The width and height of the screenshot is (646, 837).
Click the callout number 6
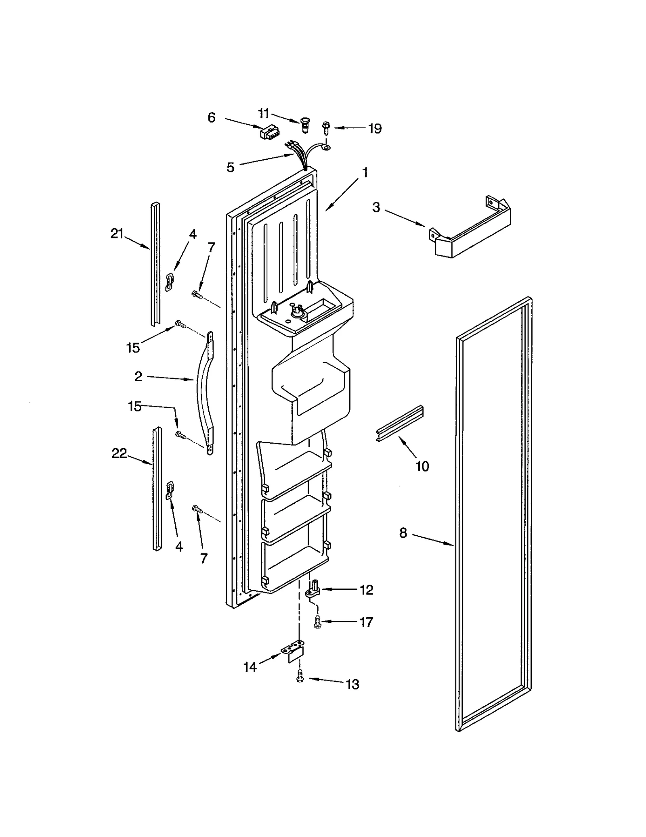212,117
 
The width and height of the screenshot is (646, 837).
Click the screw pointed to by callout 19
325,128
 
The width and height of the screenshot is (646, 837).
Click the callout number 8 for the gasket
403,533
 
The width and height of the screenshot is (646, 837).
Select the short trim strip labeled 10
400,423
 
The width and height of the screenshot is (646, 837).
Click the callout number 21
117,234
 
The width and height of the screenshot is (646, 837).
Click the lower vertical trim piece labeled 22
156,488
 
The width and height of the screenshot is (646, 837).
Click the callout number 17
366,622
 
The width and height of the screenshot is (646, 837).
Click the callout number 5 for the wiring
230,167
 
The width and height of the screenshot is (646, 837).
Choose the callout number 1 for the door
365,173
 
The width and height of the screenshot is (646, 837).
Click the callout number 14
250,667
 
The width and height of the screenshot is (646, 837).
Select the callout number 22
119,453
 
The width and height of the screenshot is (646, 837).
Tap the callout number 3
376,207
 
